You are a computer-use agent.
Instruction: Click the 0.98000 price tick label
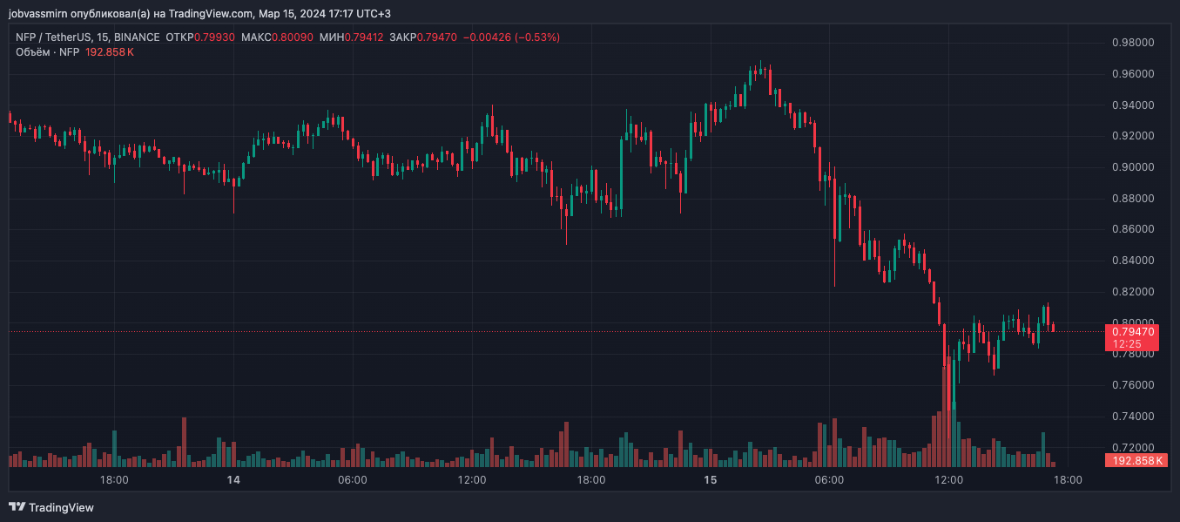1134,43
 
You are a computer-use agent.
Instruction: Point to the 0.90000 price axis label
1134,167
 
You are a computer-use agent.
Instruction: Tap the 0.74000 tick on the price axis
1134,417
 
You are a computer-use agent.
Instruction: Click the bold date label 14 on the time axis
233,480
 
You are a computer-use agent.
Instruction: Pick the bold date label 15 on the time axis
710,480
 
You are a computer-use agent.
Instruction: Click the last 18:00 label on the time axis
1068,480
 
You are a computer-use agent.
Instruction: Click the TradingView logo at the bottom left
51,507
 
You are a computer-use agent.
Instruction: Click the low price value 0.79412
364,37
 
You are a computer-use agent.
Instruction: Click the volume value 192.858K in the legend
110,52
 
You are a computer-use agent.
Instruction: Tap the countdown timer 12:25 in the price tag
1124,344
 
